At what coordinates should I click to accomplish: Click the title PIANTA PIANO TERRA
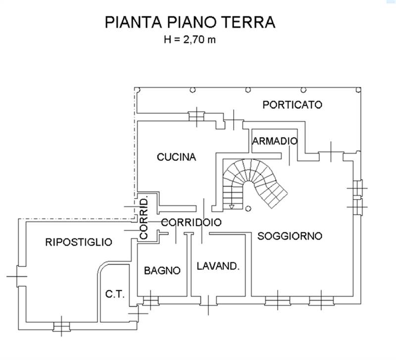(190, 22)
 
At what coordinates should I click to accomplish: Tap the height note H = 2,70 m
(190, 40)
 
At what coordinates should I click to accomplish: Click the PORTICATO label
(292, 104)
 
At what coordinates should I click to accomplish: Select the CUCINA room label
(176, 157)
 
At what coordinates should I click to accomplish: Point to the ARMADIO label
(275, 141)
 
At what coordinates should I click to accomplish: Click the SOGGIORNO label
(290, 236)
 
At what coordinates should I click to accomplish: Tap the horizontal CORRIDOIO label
(191, 222)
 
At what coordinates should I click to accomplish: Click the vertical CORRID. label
(144, 219)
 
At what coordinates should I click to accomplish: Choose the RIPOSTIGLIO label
(79, 242)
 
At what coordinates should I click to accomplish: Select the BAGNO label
(162, 270)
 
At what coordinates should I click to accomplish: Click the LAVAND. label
(218, 266)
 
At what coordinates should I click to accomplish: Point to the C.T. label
(115, 294)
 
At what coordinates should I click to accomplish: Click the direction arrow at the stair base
(232, 206)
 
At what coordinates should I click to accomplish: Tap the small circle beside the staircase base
(248, 208)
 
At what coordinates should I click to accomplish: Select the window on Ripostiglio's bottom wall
(61, 326)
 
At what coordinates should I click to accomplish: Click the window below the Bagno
(151, 301)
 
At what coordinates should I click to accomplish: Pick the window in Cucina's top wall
(197, 117)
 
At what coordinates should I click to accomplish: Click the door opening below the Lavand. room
(208, 301)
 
